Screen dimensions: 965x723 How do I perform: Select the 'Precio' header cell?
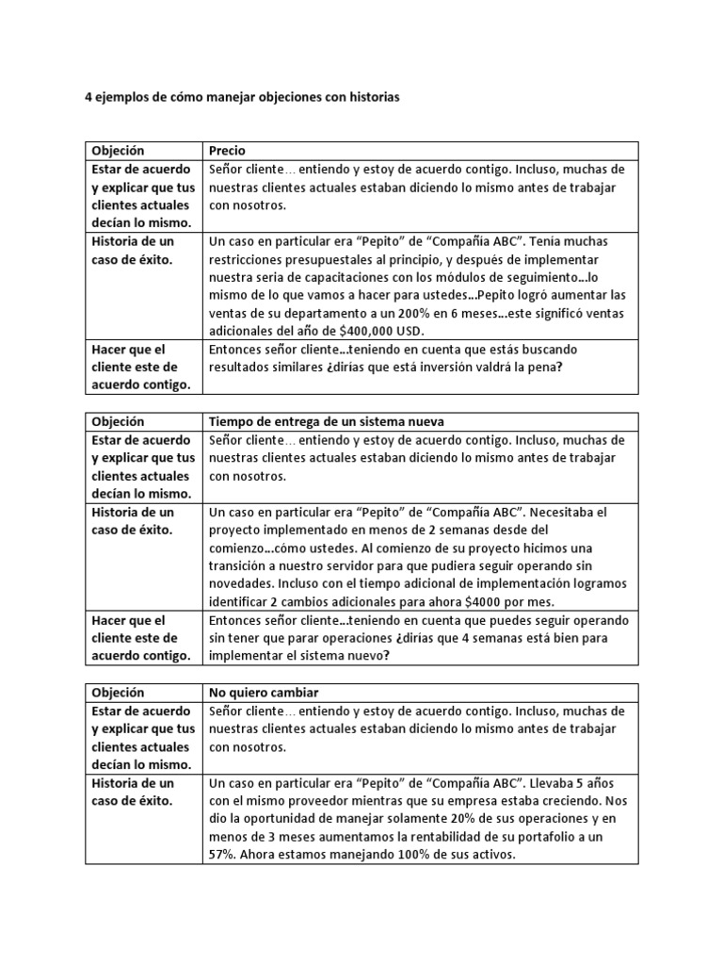tap(226, 151)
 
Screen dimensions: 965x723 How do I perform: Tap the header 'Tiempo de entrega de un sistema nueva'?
tap(326, 421)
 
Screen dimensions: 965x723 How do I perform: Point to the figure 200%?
tap(405, 313)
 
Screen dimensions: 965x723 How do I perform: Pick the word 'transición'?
tap(242, 566)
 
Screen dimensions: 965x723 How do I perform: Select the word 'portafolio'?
tap(538, 837)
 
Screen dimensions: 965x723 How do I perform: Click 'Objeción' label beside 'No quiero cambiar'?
tap(118, 693)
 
